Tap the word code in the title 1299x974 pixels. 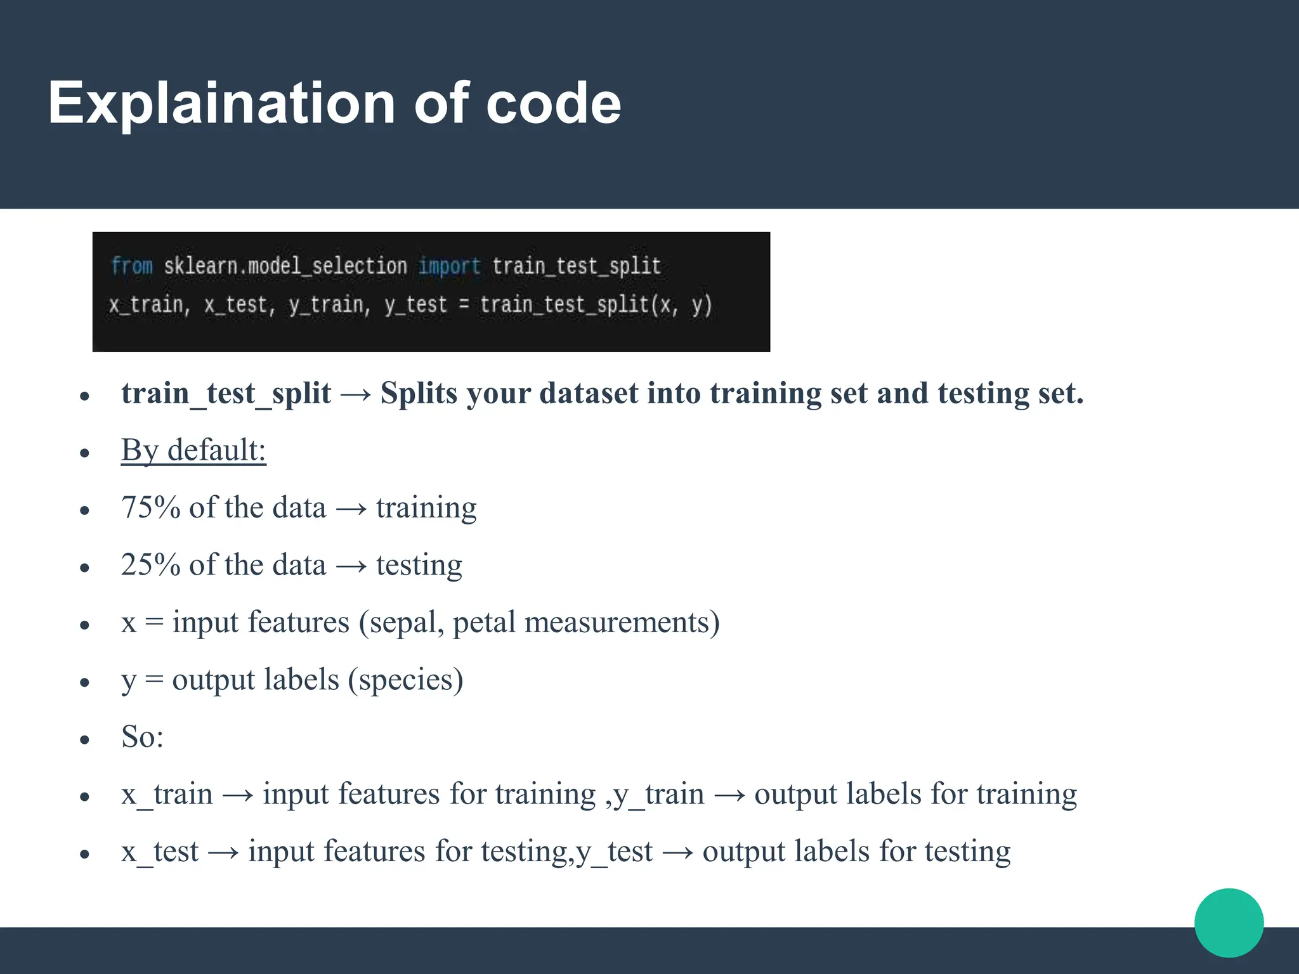click(553, 103)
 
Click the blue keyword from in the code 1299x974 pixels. click(132, 266)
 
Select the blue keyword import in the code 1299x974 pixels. click(449, 266)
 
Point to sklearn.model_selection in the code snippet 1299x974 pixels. click(285, 266)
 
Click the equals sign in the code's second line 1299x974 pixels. click(464, 305)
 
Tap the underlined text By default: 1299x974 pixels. click(193, 450)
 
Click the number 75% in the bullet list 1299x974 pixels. click(150, 508)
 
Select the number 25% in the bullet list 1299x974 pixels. click(150, 565)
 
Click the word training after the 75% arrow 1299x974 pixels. click(426, 508)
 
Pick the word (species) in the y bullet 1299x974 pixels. click(405, 680)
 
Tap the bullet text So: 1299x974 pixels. click(142, 737)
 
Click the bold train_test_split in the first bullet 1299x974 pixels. click(226, 393)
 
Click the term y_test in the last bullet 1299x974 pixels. click(614, 852)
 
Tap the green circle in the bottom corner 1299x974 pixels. click(1229, 923)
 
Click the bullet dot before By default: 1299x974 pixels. click(85, 453)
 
